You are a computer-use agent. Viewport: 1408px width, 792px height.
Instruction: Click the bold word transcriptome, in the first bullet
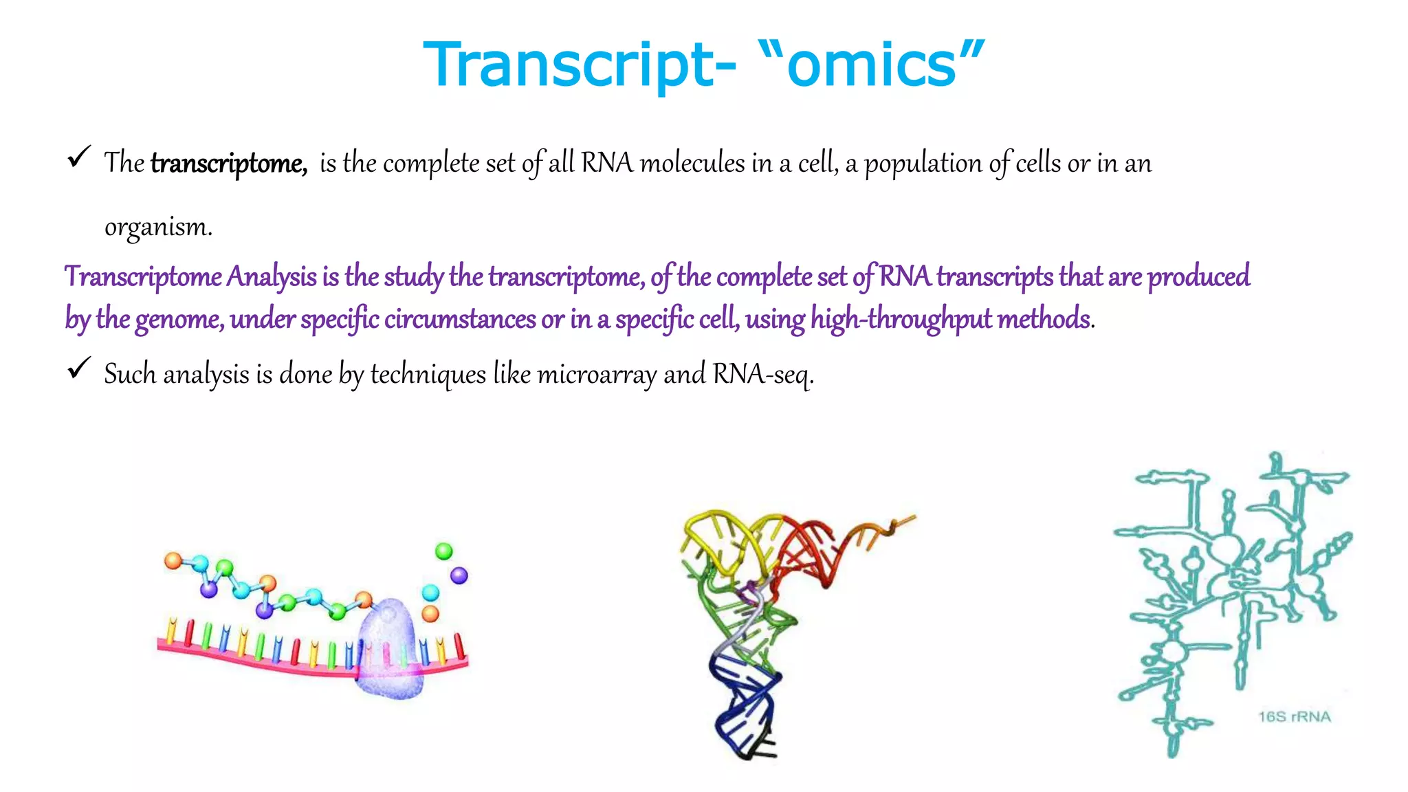pyautogui.click(x=228, y=164)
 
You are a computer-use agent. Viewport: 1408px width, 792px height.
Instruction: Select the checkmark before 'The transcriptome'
pyautogui.click(x=79, y=157)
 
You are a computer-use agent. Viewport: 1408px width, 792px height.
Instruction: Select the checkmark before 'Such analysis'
pyautogui.click(x=79, y=368)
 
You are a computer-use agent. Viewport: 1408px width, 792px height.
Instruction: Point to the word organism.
pyautogui.click(x=158, y=227)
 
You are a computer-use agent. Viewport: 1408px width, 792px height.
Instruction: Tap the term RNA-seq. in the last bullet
pyautogui.click(x=763, y=375)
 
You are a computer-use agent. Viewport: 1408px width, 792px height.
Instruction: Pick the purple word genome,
pyautogui.click(x=179, y=320)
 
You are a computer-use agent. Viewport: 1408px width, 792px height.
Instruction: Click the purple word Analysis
pyautogui.click(x=272, y=276)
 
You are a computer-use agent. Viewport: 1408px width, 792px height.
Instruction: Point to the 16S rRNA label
pyautogui.click(x=1294, y=716)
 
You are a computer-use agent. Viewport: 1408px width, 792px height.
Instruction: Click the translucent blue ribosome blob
pyautogui.click(x=389, y=650)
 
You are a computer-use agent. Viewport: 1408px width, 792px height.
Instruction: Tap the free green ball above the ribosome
pyautogui.click(x=444, y=551)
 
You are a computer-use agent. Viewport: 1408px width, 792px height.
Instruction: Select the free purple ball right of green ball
pyautogui.click(x=459, y=575)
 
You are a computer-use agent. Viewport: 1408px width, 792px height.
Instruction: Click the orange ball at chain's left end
pyautogui.click(x=173, y=561)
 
